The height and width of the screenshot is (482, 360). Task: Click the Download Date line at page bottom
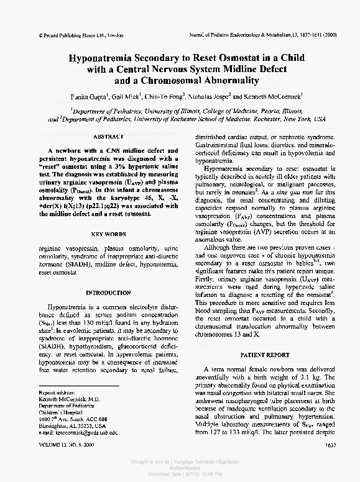[179, 475]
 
